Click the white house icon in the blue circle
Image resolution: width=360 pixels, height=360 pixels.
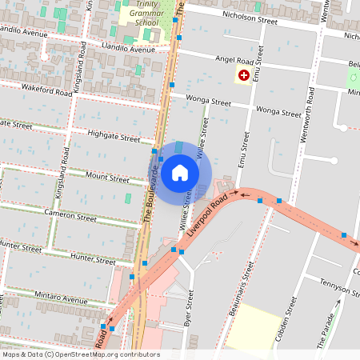click(180, 173)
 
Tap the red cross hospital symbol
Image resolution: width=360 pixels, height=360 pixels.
click(243, 74)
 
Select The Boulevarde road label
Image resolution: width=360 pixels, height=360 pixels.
click(148, 199)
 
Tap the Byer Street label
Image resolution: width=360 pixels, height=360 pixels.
click(190, 309)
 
